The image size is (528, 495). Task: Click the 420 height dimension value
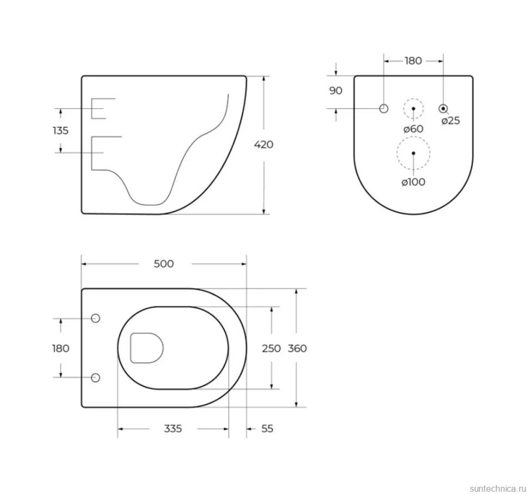click(263, 144)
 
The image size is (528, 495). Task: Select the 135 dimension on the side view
click(60, 130)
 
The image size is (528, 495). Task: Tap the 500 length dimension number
click(164, 264)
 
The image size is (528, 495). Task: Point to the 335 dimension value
click(173, 429)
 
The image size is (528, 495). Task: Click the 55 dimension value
click(267, 429)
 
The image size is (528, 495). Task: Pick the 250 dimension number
click(272, 349)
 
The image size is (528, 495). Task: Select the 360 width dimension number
click(297, 349)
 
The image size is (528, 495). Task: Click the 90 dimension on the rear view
click(336, 90)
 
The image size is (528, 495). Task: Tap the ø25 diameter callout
click(451, 121)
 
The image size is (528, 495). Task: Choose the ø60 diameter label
click(414, 129)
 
